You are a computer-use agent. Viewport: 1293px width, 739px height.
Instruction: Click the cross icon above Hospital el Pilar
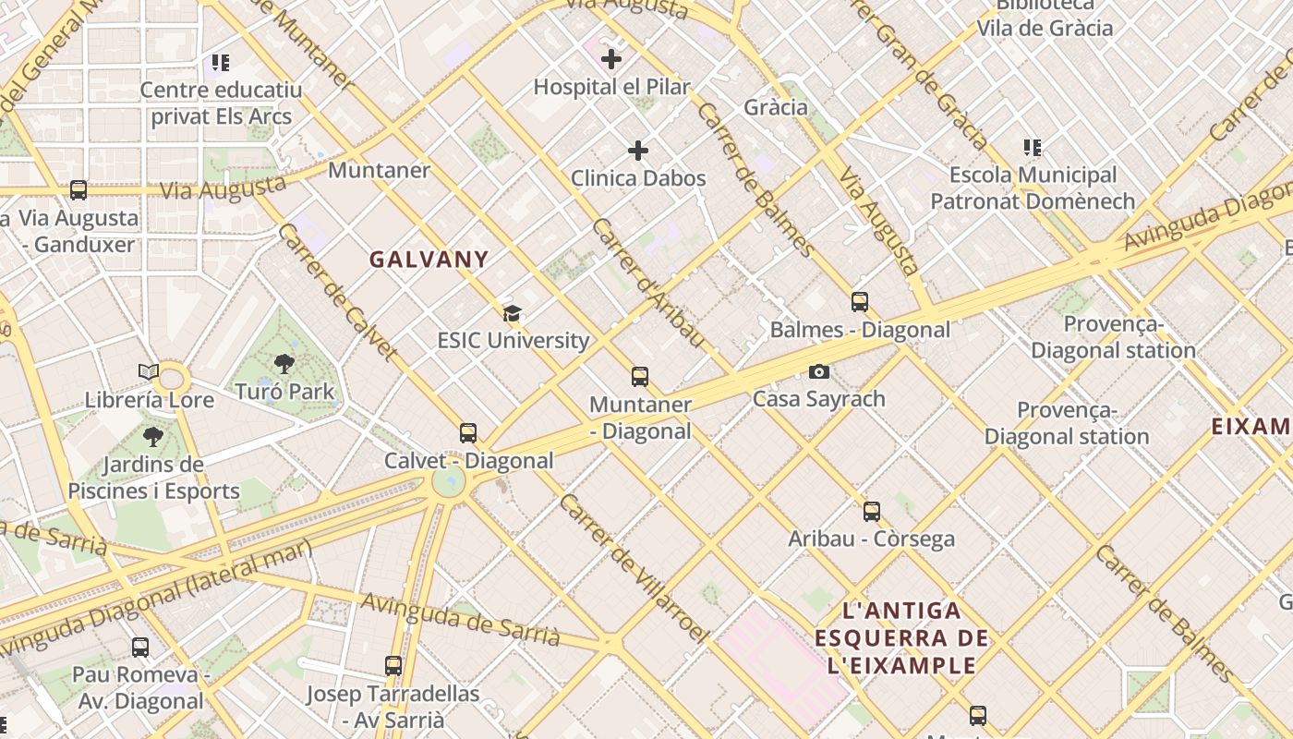click(610, 60)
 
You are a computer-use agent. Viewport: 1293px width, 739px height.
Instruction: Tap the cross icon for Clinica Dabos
click(638, 151)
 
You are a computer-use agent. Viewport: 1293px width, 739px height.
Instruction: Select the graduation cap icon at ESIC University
click(512, 313)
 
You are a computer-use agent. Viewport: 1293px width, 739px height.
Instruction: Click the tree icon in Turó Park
click(284, 364)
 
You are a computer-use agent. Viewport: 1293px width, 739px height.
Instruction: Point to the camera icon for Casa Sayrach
click(818, 371)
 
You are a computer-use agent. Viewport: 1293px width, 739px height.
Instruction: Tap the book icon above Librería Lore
click(149, 372)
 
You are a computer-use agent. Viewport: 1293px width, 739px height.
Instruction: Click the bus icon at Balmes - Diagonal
click(860, 302)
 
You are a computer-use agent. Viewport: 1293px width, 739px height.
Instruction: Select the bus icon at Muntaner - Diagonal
click(640, 377)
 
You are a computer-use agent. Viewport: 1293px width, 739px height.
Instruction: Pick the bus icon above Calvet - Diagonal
click(468, 433)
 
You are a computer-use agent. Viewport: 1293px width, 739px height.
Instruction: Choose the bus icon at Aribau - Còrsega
click(871, 512)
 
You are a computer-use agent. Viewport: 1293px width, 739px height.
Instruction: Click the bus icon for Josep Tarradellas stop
click(393, 666)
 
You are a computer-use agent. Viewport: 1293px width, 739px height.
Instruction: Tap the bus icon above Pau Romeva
click(139, 648)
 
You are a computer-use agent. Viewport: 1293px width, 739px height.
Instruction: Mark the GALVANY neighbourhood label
click(429, 260)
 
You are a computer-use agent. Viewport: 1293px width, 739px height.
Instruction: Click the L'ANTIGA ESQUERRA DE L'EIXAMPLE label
click(901, 637)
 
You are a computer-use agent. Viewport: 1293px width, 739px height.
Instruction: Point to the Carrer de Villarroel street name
click(632, 569)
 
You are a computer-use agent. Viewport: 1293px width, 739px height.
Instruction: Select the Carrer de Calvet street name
click(337, 290)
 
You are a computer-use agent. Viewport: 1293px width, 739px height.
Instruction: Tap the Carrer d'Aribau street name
click(648, 283)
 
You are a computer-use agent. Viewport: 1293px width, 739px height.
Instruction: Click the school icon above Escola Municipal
click(1033, 148)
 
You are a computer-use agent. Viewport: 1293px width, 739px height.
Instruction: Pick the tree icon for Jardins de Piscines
click(153, 437)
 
